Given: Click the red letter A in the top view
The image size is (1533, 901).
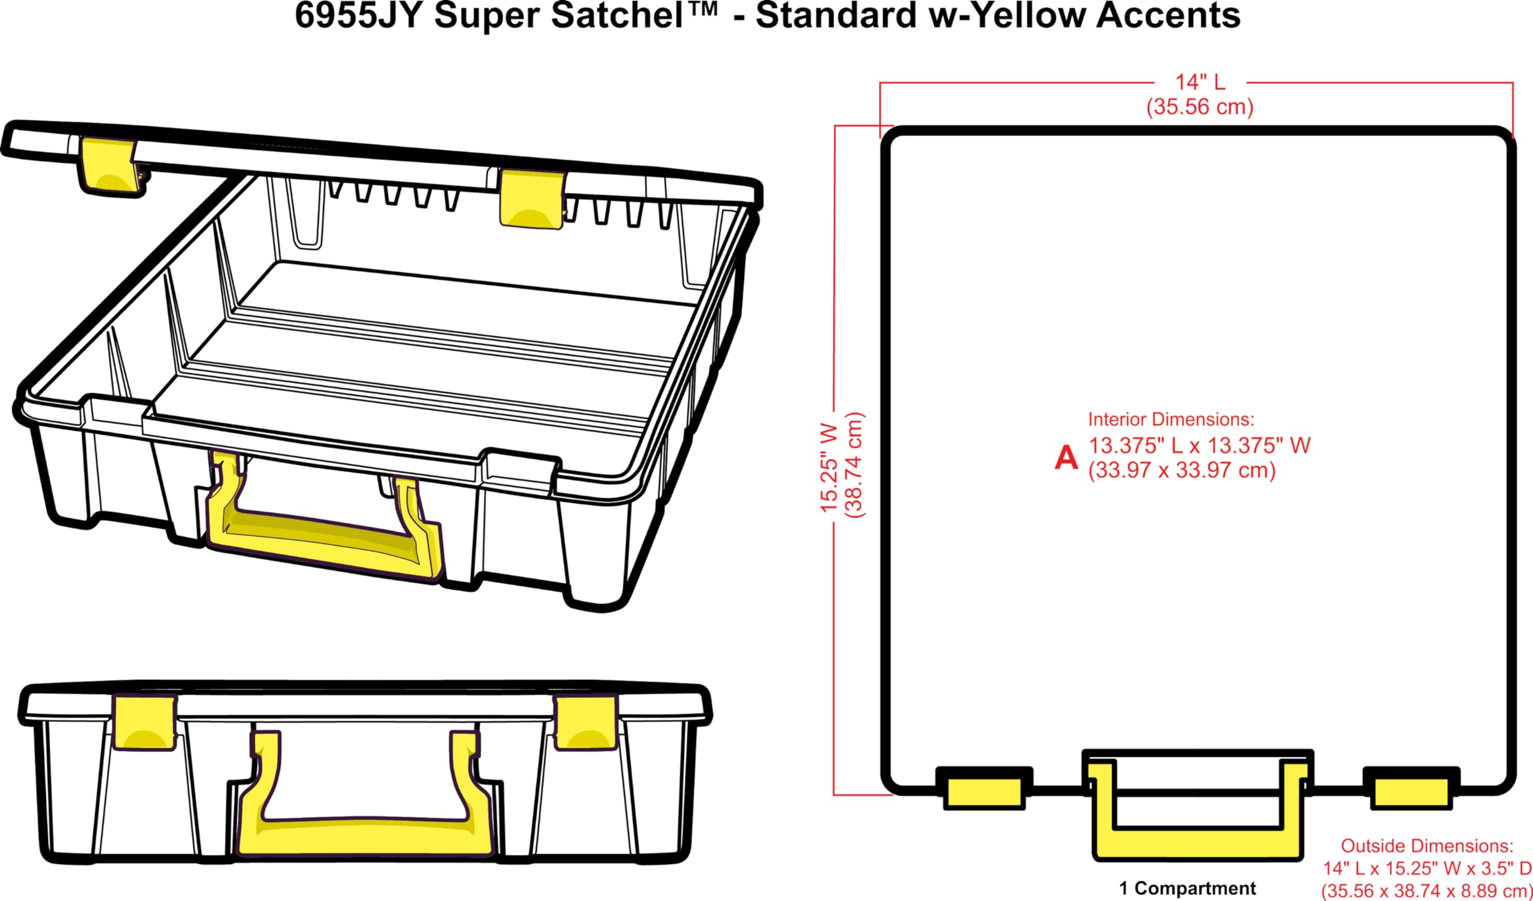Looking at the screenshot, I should [x=1066, y=458].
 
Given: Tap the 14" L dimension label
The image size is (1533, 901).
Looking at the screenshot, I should [x=1199, y=82].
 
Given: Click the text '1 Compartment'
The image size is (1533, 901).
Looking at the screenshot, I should [x=1187, y=888].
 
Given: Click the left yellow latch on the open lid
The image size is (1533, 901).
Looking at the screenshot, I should [x=108, y=164].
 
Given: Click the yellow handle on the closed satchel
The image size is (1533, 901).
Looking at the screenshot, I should [x=365, y=839].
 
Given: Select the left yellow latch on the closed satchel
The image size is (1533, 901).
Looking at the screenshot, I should [x=145, y=722].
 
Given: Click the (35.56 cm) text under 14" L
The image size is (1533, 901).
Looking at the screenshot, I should [x=1199, y=107].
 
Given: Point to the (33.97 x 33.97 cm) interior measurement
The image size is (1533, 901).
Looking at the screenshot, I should [x=1181, y=471].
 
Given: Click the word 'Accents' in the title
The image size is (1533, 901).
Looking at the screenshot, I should [x=1168, y=16].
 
